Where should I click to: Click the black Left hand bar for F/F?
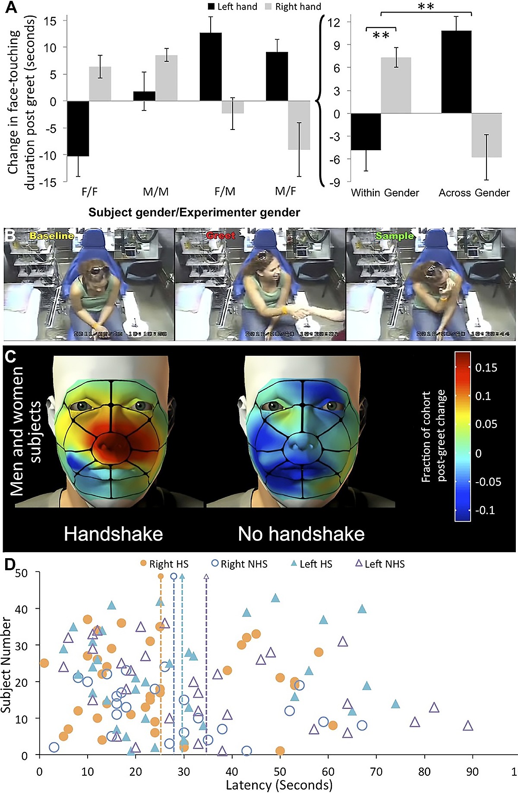click(x=78, y=128)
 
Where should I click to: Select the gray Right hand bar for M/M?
click(x=166, y=78)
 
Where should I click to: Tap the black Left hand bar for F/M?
click(x=211, y=67)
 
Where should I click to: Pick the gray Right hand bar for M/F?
click(x=299, y=125)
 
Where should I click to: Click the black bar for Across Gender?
click(x=456, y=72)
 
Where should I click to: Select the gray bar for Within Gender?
click(x=396, y=85)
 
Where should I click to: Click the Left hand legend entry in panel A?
click(x=233, y=6)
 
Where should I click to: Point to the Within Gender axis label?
click(x=385, y=193)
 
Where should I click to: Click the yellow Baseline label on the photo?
click(x=51, y=236)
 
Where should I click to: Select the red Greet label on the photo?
click(x=221, y=236)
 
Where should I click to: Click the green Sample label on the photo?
click(x=395, y=236)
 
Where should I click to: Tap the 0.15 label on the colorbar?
click(x=486, y=368)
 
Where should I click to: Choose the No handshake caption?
click(x=301, y=534)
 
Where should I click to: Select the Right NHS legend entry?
click(x=240, y=564)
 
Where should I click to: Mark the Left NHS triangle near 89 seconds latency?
click(x=468, y=726)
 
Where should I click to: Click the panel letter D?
click(x=9, y=565)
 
